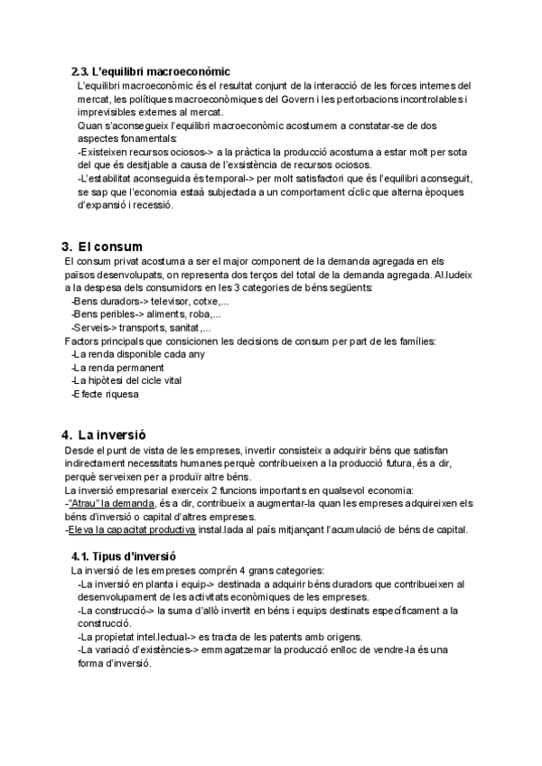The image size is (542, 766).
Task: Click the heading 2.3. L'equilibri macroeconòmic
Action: (x=151, y=70)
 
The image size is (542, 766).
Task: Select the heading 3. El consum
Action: (x=108, y=247)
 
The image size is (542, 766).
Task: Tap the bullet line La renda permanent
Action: (x=107, y=368)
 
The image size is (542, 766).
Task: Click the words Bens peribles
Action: (x=100, y=314)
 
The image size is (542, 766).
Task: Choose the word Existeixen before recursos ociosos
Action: (x=108, y=152)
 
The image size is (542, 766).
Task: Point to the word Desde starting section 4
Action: (x=81, y=450)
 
